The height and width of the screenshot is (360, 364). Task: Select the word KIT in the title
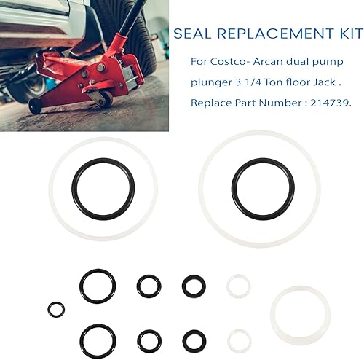[x=344, y=35]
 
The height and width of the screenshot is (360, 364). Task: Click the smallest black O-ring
[x=55, y=309]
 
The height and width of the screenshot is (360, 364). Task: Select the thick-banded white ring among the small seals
[x=301, y=314]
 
